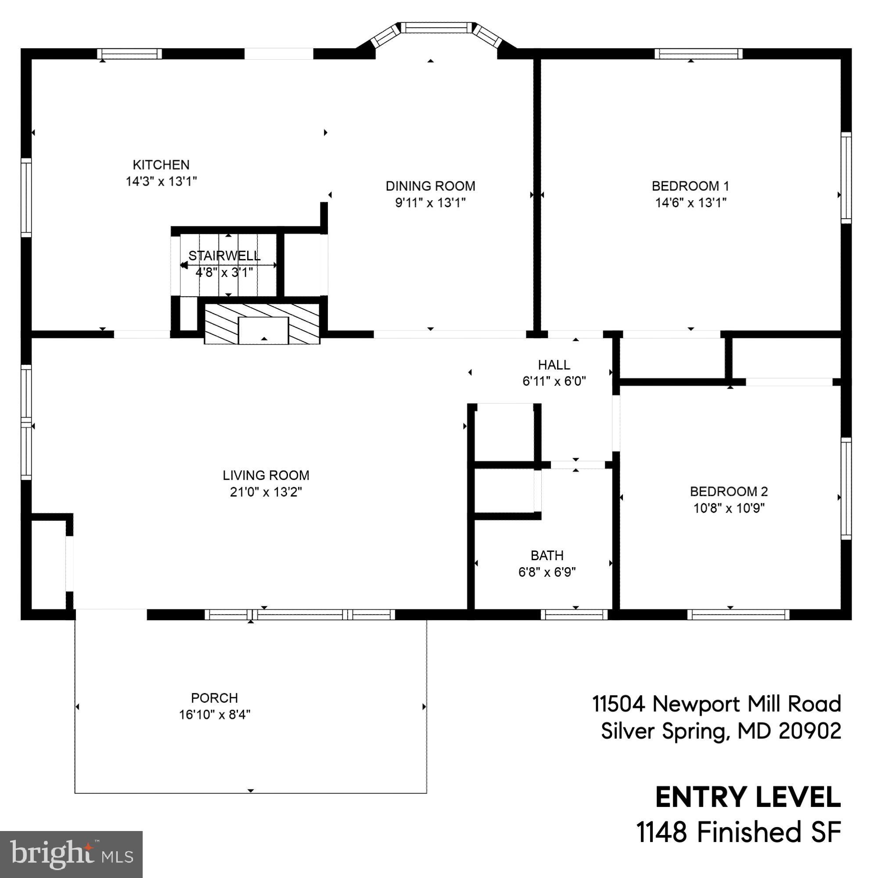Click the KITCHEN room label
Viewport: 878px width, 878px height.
click(x=161, y=165)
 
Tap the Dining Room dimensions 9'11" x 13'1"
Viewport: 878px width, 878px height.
click(x=430, y=203)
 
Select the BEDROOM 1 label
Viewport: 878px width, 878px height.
click(x=690, y=186)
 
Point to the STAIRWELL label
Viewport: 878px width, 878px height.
click(x=224, y=255)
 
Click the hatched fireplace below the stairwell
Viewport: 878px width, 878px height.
click(x=262, y=324)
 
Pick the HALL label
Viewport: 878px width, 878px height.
click(x=554, y=364)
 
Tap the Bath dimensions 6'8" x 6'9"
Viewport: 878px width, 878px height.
click(x=547, y=572)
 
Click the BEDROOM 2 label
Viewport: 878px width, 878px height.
click(x=728, y=491)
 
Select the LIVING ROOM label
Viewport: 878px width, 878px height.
click(x=266, y=475)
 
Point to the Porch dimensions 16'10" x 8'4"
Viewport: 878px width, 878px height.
click(x=215, y=714)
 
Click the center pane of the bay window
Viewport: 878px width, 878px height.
click(x=436, y=28)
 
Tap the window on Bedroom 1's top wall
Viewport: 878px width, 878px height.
click(x=698, y=54)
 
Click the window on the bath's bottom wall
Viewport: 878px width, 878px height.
click(x=574, y=615)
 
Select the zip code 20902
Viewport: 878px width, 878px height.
click(x=810, y=731)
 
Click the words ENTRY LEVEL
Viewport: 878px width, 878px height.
click(x=748, y=797)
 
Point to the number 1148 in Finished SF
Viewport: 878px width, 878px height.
click(x=661, y=832)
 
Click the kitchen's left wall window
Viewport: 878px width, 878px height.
click(x=26, y=197)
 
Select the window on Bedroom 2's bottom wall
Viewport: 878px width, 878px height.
click(x=738, y=615)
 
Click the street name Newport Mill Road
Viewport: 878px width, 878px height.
click(x=747, y=704)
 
